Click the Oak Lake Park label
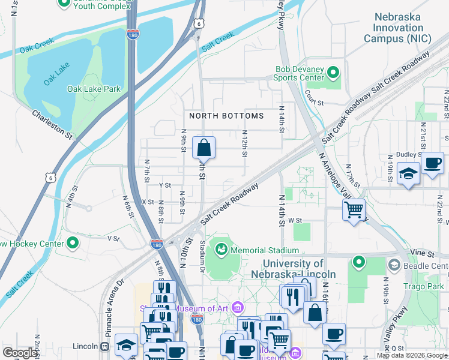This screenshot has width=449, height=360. (x=94, y=89)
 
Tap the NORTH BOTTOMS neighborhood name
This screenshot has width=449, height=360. (x=226, y=116)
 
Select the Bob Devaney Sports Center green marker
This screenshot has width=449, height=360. (x=333, y=73)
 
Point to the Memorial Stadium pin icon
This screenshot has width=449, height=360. (x=221, y=248)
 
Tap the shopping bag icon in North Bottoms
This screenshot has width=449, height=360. (x=204, y=147)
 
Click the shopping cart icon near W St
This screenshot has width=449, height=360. (x=354, y=209)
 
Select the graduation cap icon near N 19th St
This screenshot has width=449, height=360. (x=409, y=173)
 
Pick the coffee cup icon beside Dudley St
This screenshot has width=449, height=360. (x=432, y=163)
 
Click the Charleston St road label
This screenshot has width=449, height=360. (x=52, y=124)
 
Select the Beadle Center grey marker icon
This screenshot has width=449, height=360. (x=394, y=265)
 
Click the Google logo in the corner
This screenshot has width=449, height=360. (x=20, y=352)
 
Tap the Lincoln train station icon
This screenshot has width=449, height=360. (x=105, y=346)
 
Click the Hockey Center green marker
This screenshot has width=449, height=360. (x=73, y=243)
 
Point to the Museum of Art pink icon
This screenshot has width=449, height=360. (x=238, y=308)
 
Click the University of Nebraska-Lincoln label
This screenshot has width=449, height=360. (x=294, y=269)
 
